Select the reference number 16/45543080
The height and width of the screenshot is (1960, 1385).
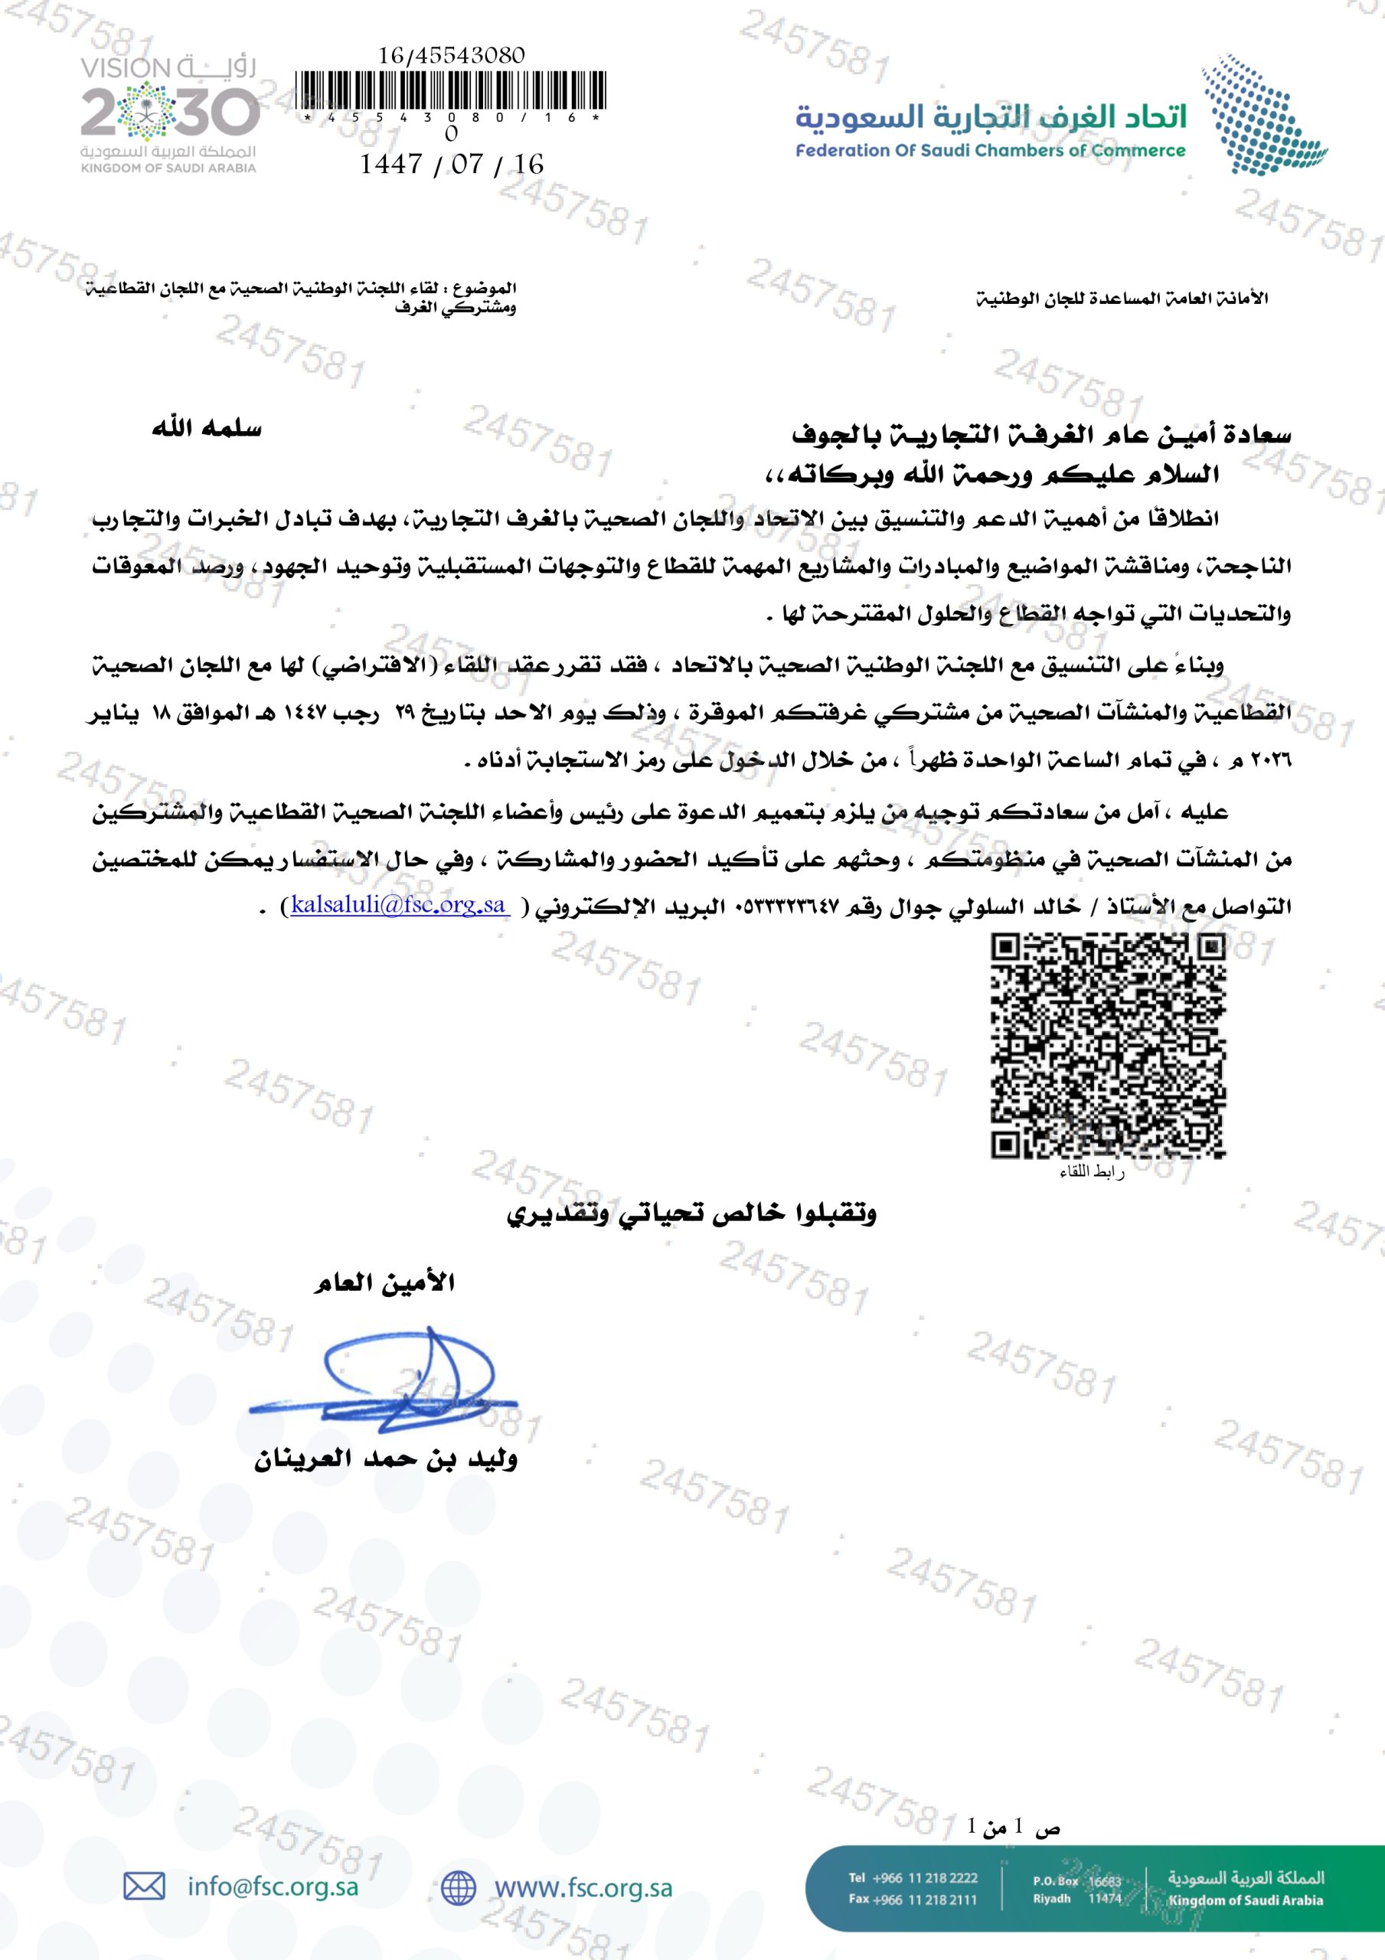[451, 55]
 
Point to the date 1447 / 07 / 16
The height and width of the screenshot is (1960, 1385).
[451, 164]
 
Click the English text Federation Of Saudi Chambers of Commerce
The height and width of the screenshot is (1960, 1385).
[990, 151]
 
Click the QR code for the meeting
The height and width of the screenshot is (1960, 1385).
[1108, 1045]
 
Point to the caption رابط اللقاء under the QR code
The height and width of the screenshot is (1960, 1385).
[1091, 1173]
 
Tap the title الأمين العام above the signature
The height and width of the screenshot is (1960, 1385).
[384, 1283]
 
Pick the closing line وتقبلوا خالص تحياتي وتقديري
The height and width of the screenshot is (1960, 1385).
[691, 1213]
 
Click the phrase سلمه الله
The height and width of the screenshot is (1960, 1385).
[207, 429]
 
